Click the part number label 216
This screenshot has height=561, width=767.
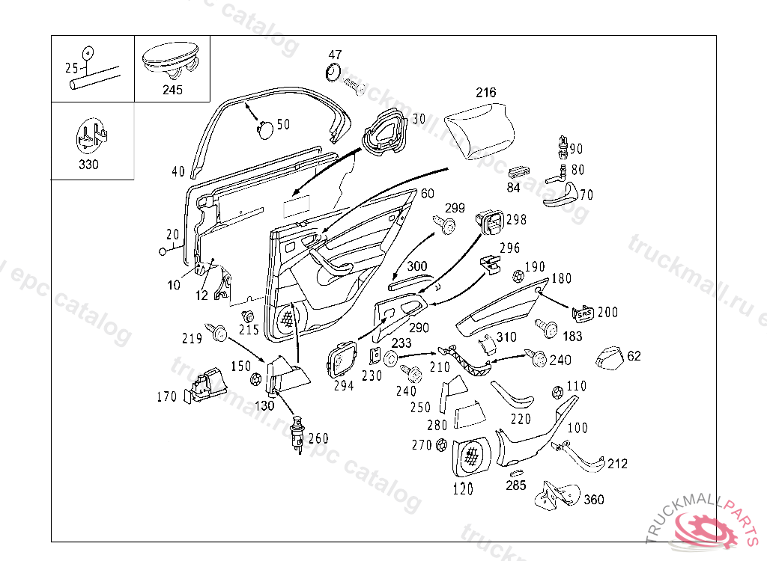click(486, 93)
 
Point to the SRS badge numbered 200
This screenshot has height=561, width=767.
click(583, 312)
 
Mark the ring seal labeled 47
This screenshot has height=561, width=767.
click(333, 73)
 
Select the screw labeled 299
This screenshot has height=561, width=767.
click(447, 225)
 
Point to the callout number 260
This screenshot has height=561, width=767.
click(318, 439)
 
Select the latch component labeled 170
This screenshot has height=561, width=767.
click(204, 386)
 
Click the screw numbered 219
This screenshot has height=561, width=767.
click(219, 333)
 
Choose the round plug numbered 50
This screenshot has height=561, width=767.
click(264, 129)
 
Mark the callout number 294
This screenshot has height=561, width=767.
click(344, 387)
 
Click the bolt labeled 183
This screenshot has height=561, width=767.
click(547, 328)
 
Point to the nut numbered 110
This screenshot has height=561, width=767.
click(557, 392)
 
